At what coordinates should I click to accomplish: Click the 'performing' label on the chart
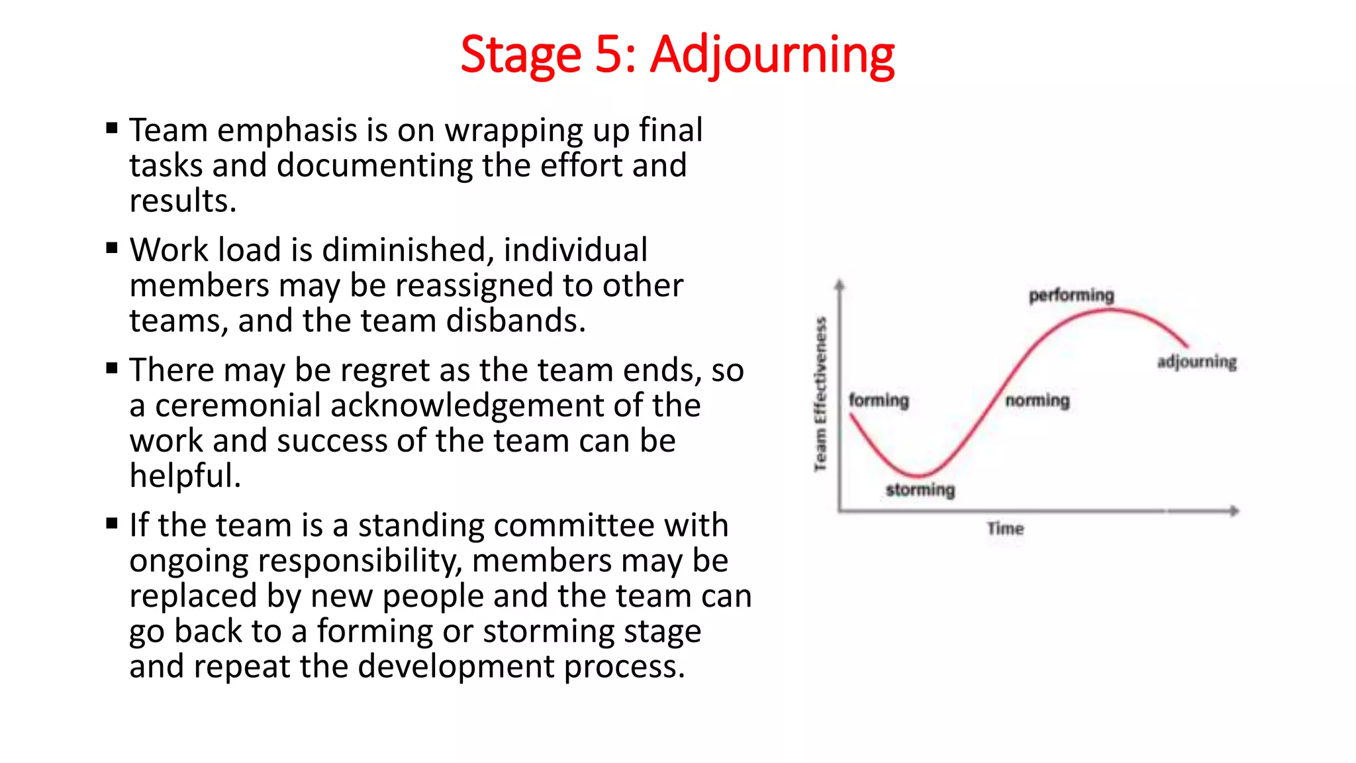pos(1071,295)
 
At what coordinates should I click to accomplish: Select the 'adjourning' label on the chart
pos(1196,362)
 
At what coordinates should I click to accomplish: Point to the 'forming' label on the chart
pos(879,400)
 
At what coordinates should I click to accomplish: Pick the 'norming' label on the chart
pos(1037,400)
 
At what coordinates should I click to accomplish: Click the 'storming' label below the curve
pos(920,490)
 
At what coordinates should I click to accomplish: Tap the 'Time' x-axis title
pos(1005,529)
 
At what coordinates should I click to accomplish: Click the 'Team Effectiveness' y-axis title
pos(821,395)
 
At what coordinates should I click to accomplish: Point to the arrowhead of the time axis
pos(1234,511)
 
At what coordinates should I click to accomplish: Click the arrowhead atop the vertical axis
pos(840,285)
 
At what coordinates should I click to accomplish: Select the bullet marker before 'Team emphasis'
pos(112,128)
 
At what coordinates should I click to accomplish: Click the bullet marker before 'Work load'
pos(112,248)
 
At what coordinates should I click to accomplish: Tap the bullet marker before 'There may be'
pos(112,368)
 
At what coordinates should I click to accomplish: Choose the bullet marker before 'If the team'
pos(112,524)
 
